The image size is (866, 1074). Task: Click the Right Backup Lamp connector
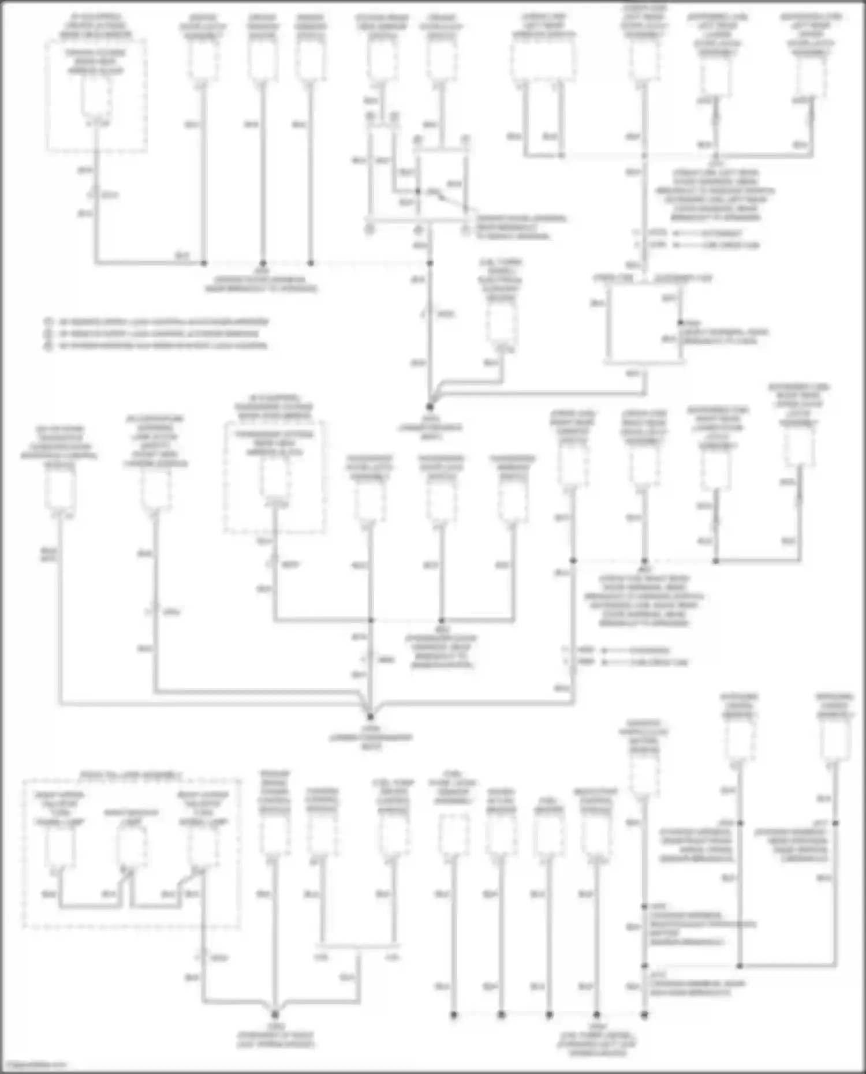(132, 844)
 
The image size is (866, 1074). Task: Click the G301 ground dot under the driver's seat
(430, 407)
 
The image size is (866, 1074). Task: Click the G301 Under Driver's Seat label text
(430, 428)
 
